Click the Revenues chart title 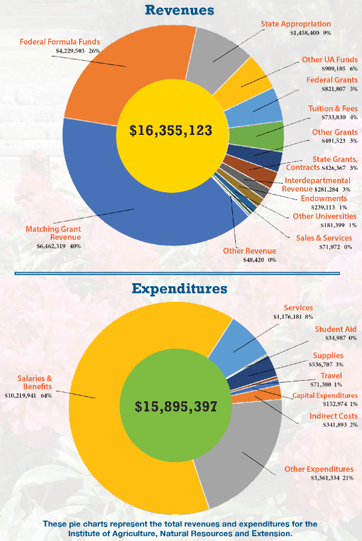point(180,10)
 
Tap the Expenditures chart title point(180,289)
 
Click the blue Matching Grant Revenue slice point(121,205)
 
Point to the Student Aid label point(335,329)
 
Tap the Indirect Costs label point(333,416)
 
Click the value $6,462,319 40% point(59,246)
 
